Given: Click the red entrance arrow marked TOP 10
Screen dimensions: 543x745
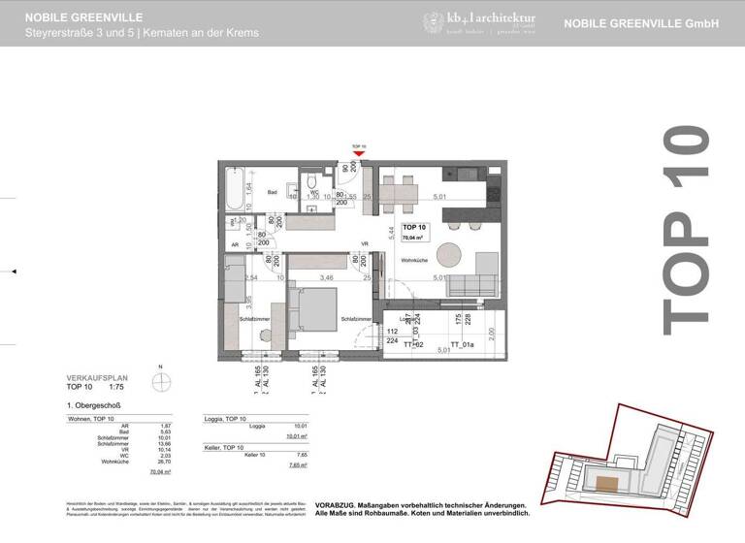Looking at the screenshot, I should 359,151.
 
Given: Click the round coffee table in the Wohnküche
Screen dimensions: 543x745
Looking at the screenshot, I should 449,253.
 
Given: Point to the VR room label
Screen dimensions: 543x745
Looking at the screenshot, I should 365,243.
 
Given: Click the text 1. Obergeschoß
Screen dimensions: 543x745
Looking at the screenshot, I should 94,404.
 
